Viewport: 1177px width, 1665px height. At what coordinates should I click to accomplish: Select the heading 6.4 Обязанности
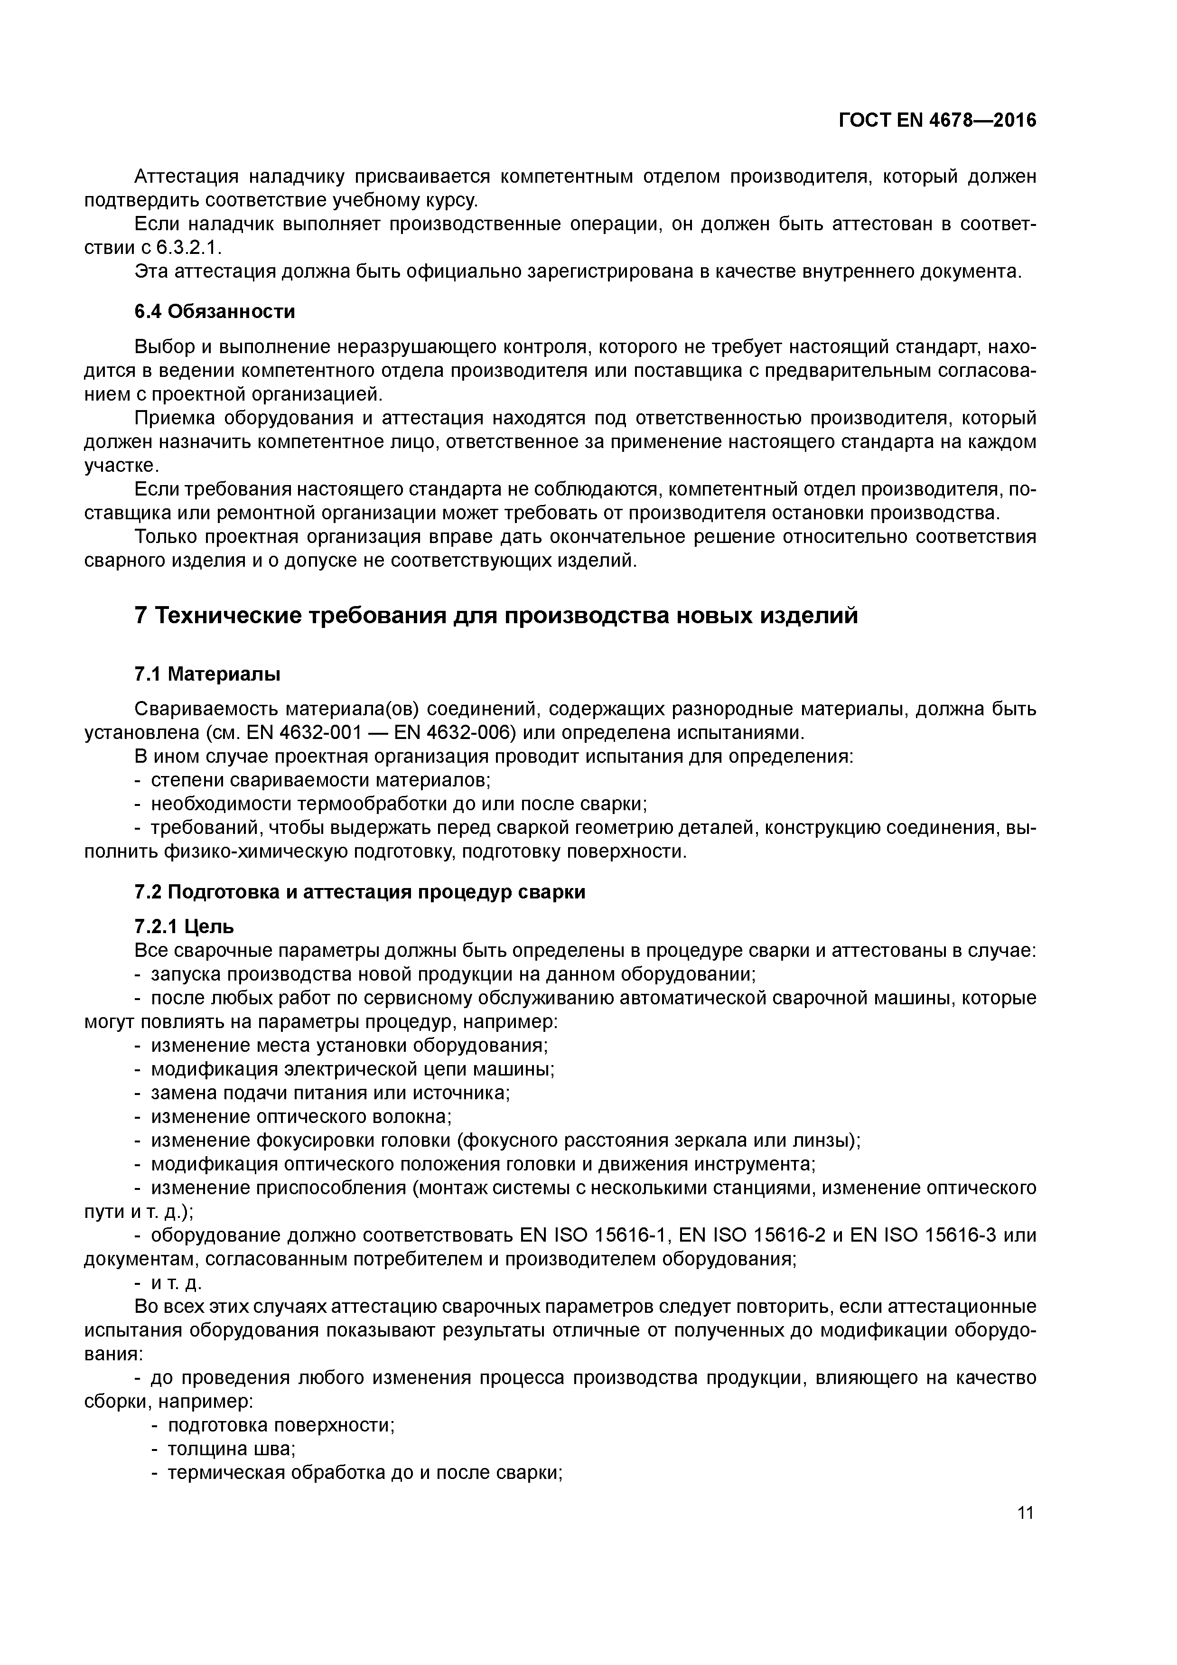point(215,312)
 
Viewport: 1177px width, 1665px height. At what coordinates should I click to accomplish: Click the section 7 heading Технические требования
point(496,616)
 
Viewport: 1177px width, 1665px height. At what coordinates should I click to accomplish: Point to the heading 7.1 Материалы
point(207,674)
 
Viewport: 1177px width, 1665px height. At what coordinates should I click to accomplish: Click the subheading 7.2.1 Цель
point(184,927)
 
